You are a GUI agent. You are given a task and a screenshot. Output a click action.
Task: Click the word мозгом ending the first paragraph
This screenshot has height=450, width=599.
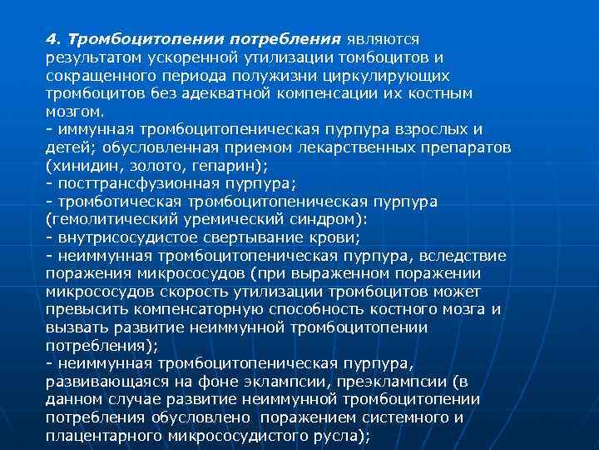73,112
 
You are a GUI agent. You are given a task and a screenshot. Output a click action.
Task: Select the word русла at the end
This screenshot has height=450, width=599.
339,436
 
